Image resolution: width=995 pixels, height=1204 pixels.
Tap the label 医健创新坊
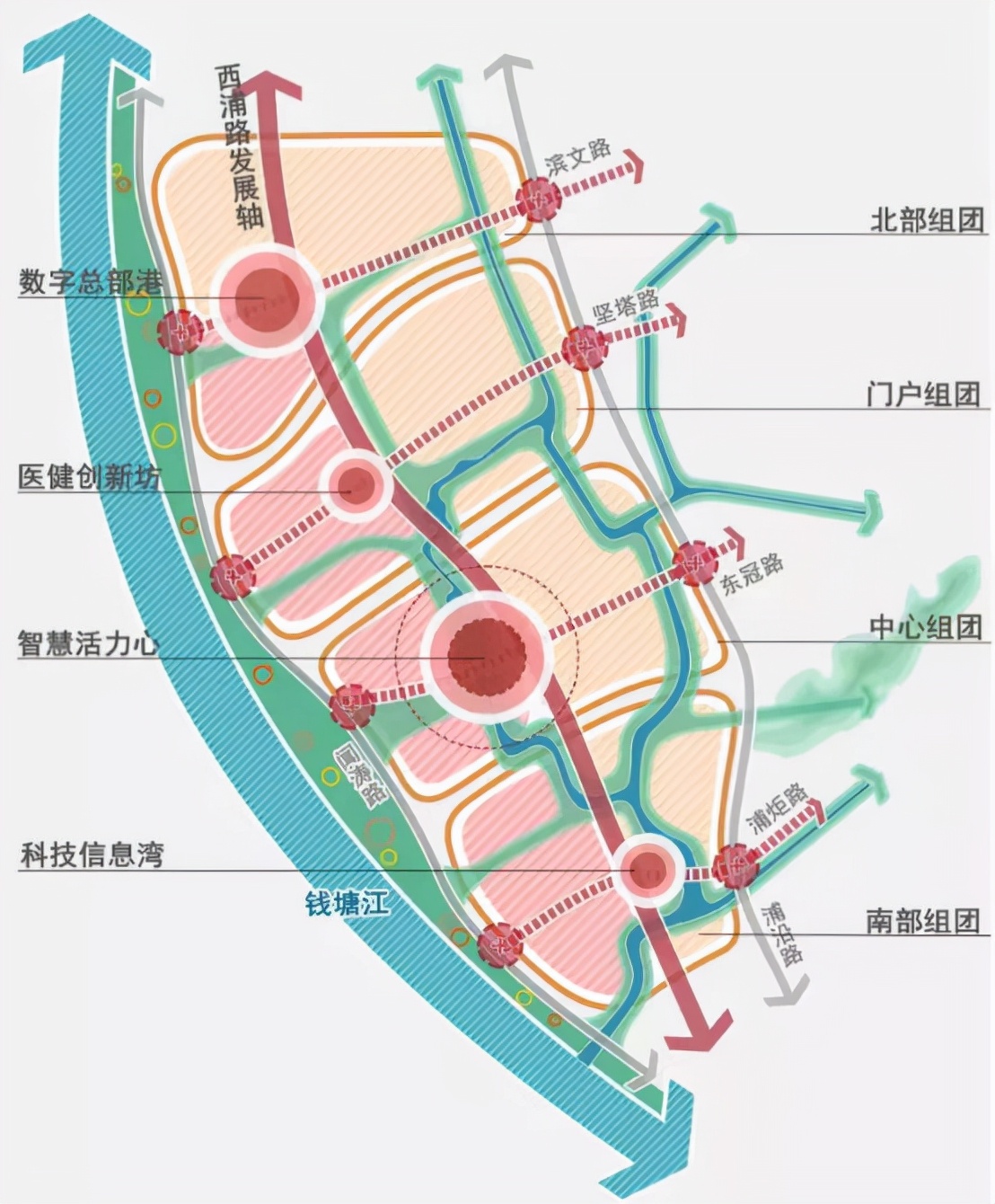tap(91, 477)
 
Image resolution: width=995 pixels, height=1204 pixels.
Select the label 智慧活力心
tap(89, 644)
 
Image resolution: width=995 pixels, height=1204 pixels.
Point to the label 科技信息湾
tap(92, 854)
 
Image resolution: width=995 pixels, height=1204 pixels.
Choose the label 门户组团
tap(923, 394)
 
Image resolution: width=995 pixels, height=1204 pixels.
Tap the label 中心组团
tap(926, 626)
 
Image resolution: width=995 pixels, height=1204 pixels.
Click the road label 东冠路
tap(753, 572)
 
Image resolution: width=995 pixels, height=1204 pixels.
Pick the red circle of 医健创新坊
tap(356, 486)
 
